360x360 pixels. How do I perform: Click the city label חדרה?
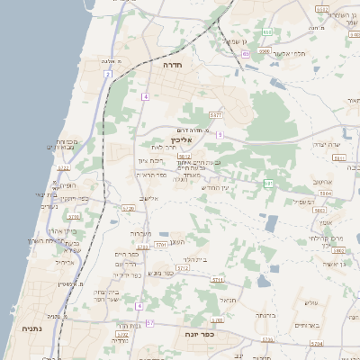(x=173, y=66)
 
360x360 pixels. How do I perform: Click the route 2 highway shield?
(x=108, y=75)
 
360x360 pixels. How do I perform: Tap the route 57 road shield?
(x=150, y=322)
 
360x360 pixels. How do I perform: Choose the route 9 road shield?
(x=219, y=135)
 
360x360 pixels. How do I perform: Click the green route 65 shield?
(x=245, y=54)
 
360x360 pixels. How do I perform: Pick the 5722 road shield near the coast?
(x=63, y=167)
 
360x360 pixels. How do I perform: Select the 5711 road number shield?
(x=217, y=280)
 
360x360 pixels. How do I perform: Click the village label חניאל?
(x=228, y=300)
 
